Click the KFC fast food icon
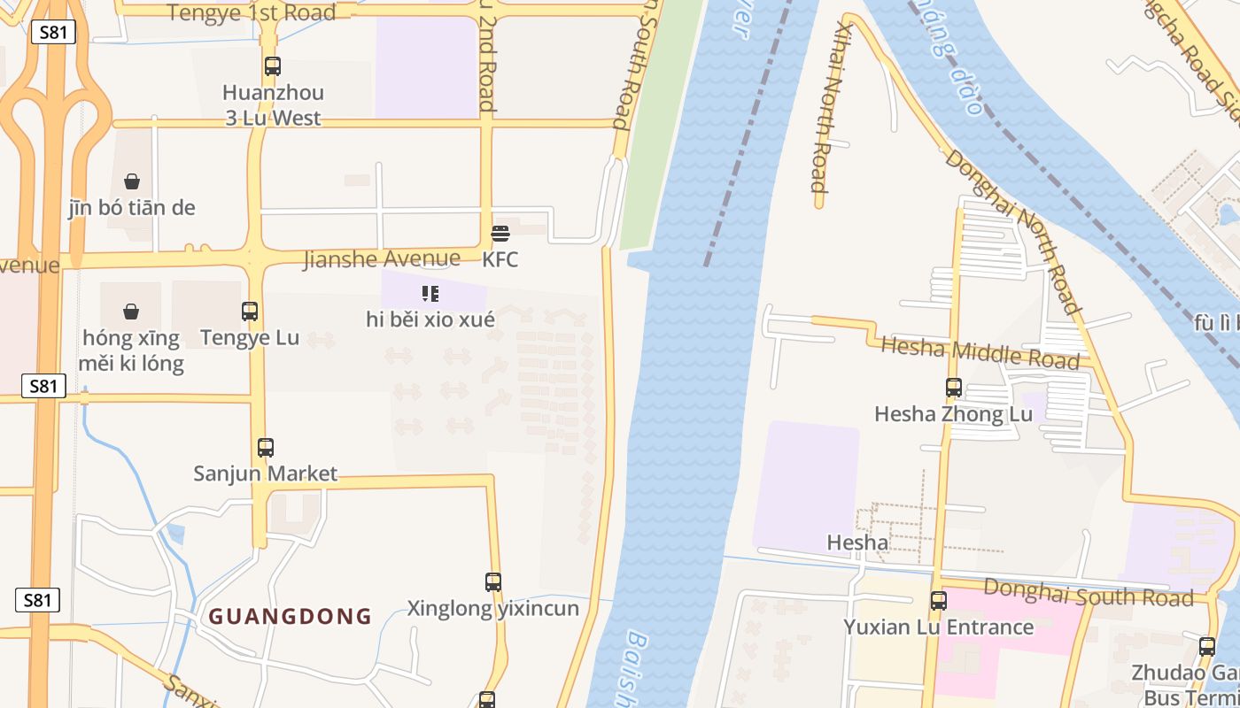(x=500, y=234)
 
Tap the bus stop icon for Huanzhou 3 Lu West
(x=273, y=66)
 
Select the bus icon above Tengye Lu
(x=250, y=312)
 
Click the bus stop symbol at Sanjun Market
(x=266, y=448)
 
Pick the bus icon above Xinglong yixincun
(x=493, y=582)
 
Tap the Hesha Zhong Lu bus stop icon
(x=954, y=388)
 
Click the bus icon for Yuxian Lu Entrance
(x=939, y=601)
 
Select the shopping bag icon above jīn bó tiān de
(x=132, y=181)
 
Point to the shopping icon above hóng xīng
(x=131, y=312)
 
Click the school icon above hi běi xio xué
(x=430, y=294)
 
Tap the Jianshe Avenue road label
(x=382, y=259)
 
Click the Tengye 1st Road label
(x=252, y=12)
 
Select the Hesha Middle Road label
(x=980, y=352)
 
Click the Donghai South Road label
(x=1089, y=593)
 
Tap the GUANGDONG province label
(x=290, y=616)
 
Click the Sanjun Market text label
(x=266, y=473)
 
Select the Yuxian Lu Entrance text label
(x=939, y=627)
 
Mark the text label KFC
(x=500, y=260)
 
